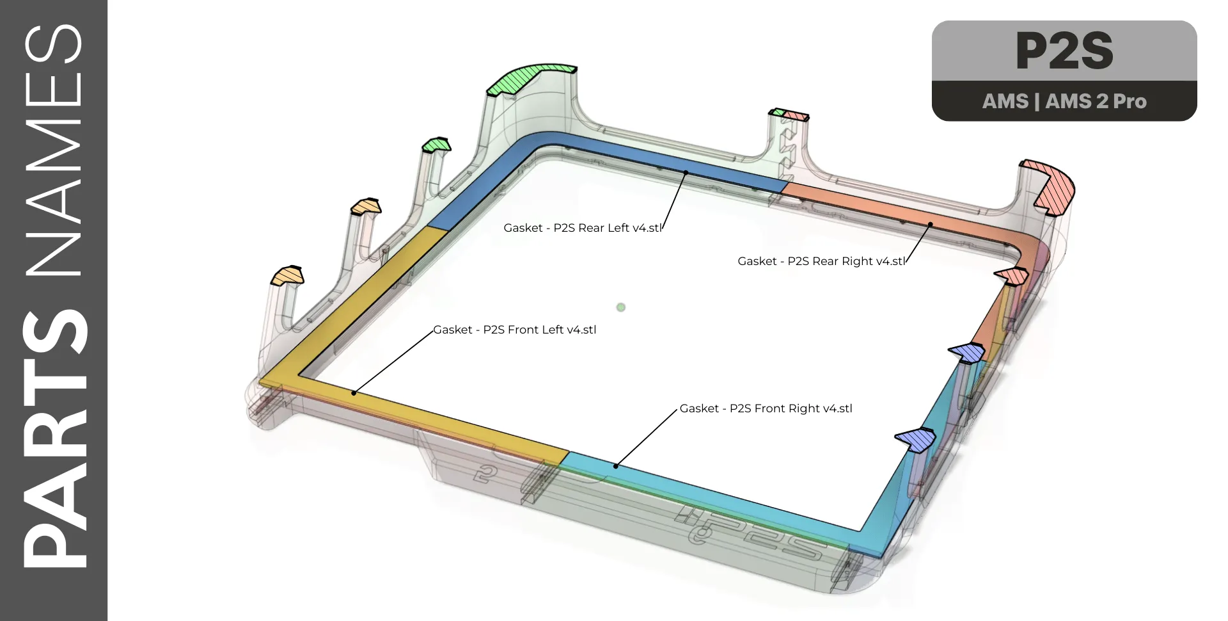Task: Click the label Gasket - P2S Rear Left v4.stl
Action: tap(582, 228)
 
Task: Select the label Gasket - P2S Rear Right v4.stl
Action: tap(821, 261)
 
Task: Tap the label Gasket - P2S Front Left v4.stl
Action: tap(514, 330)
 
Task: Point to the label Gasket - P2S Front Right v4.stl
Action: tap(766, 408)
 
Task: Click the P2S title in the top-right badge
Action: tap(1064, 51)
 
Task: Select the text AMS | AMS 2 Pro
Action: tap(1064, 101)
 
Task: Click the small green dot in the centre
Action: tap(620, 307)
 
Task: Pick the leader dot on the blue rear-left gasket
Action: tap(686, 173)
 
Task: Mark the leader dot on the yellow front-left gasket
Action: tap(354, 393)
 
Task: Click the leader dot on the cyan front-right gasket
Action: tap(616, 466)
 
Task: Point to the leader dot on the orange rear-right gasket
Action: tap(931, 225)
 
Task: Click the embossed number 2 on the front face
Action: tap(486, 474)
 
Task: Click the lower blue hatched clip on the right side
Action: tap(916, 439)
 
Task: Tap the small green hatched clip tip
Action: tap(437, 145)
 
